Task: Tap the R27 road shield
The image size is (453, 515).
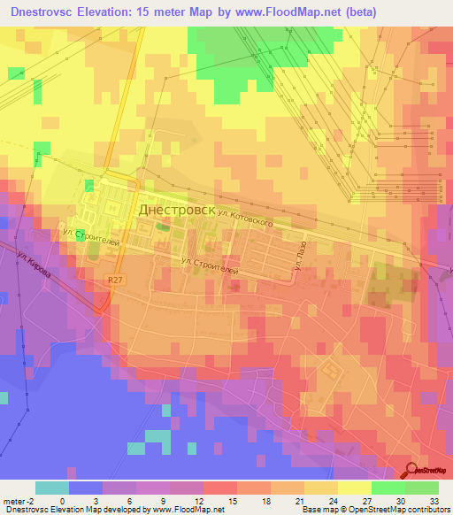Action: pyautogui.click(x=114, y=280)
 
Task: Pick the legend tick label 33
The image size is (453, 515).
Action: pyautogui.click(x=433, y=500)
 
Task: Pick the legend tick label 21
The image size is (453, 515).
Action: pyautogui.click(x=303, y=500)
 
